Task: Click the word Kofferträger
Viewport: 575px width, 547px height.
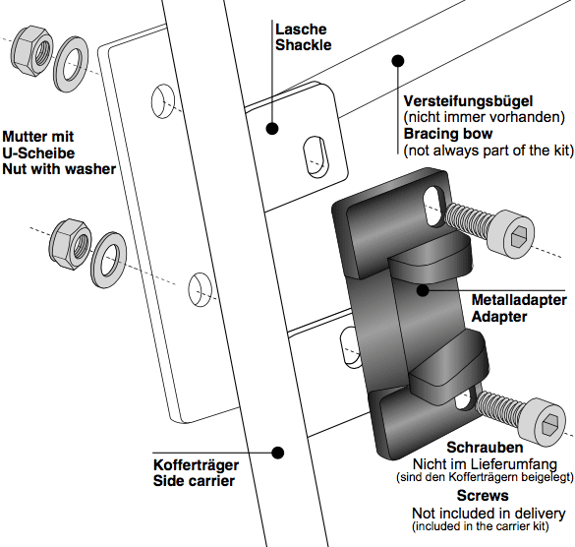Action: tap(196, 464)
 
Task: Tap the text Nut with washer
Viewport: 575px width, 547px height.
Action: tap(59, 169)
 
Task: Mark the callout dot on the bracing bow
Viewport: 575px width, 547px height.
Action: tap(398, 61)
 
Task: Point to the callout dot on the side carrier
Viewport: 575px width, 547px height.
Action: tap(279, 453)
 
